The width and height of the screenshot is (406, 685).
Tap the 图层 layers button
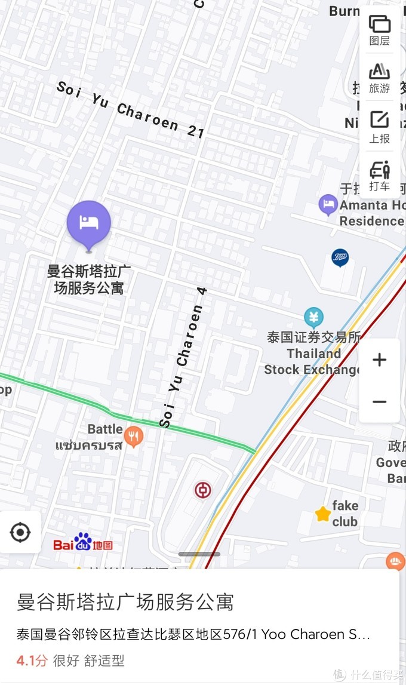point(379,30)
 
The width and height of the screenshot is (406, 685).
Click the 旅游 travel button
point(379,78)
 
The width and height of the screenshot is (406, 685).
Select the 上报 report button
point(379,127)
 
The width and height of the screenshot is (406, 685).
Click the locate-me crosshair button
point(20,532)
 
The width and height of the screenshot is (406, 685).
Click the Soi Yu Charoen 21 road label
point(131,109)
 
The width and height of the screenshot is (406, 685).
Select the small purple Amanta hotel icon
point(328,205)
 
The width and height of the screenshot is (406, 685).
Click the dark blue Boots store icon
point(340,257)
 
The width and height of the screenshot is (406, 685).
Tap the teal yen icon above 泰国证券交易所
point(313,317)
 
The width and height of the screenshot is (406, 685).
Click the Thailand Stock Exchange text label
point(313,361)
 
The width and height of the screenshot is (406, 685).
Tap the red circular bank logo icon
point(203,491)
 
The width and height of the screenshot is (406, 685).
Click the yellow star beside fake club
point(323,514)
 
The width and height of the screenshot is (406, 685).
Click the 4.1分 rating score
point(32,661)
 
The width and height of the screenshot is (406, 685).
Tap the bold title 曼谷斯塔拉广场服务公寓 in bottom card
point(125,602)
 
